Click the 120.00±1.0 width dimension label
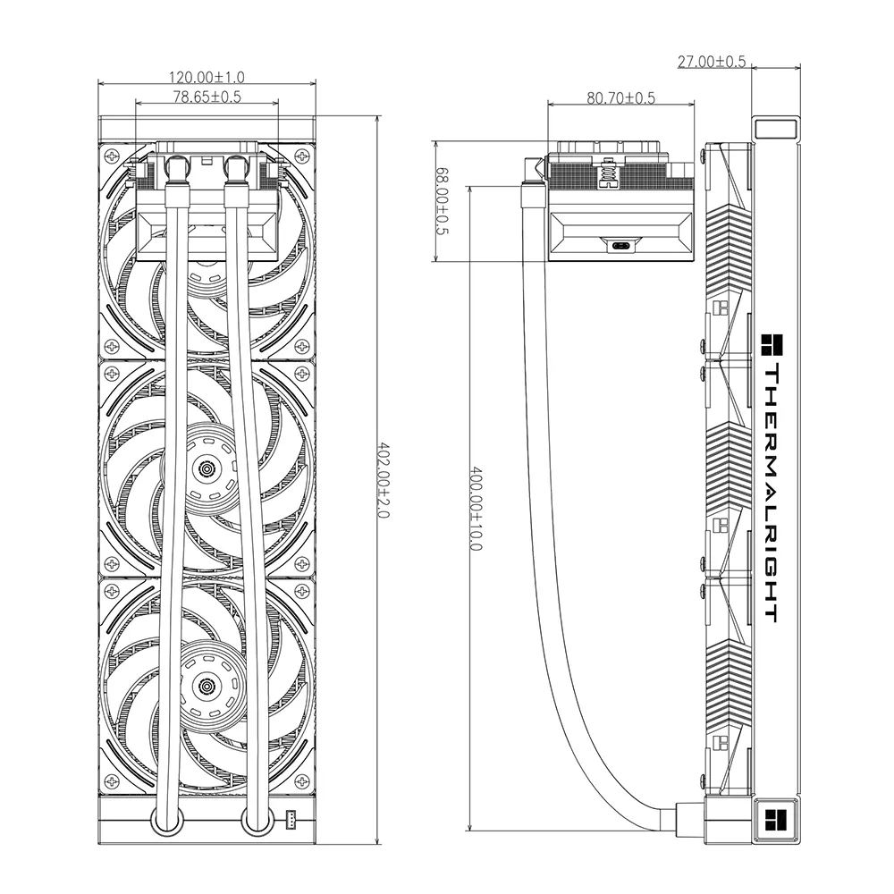pos(207,77)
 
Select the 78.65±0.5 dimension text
pos(207,97)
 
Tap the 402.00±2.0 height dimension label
pos(384,481)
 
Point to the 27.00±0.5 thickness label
pos(712,62)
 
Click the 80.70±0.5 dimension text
pos(621,98)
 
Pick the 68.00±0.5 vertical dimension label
pos(443,201)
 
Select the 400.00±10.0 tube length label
pos(477,510)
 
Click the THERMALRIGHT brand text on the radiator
pos(772,493)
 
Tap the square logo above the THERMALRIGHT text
pos(772,346)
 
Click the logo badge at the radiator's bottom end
pos(775,820)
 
